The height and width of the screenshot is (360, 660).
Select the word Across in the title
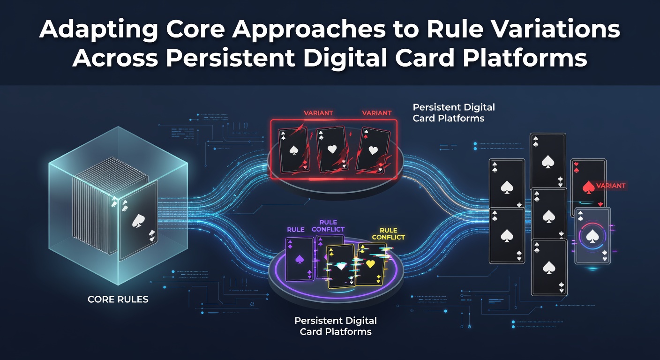[x=115, y=58]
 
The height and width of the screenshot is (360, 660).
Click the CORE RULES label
[x=118, y=300]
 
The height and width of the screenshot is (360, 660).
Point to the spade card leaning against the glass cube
[x=138, y=220]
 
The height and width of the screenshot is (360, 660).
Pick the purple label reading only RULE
[x=295, y=230]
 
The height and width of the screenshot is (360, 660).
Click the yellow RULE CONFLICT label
[x=388, y=233]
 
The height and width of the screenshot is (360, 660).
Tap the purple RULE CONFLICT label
[x=328, y=225]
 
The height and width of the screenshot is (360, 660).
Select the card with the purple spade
[x=300, y=259]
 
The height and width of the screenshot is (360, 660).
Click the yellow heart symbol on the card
[x=370, y=263]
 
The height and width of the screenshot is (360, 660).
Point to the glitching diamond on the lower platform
[x=341, y=267]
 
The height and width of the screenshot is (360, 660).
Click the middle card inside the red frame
[x=332, y=149]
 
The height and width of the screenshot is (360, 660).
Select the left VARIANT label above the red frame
[x=318, y=113]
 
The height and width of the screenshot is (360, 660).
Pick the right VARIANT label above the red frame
[x=376, y=113]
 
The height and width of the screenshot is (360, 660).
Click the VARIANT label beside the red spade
[x=610, y=186]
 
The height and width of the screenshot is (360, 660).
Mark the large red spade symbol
[x=589, y=187]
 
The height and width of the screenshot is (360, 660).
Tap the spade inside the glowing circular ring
[x=592, y=236]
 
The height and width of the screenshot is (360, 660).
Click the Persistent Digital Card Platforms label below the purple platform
[x=336, y=326]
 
